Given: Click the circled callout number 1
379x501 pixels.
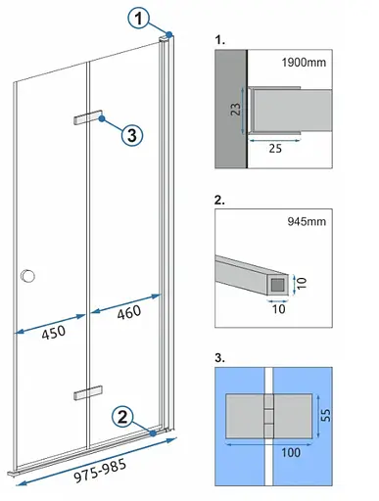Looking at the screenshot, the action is coord(139,18).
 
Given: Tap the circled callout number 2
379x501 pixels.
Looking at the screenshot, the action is coord(122,417).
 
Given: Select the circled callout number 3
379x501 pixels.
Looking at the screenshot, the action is coord(132,135).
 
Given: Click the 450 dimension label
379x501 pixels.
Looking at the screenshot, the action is coord(54,333).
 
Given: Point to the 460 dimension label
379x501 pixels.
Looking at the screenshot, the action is coord(129,312).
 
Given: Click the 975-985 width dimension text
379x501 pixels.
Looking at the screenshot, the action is coord(100,471).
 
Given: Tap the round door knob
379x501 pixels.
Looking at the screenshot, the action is coord(27,276).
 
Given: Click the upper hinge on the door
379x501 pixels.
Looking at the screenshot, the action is coord(88,117).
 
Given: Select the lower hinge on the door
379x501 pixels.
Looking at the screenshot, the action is coord(88,392).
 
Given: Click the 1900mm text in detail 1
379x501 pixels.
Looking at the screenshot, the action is coord(304,62).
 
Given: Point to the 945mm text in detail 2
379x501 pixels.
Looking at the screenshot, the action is coord(307,221).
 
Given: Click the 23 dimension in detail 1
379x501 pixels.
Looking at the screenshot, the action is coord(236,109).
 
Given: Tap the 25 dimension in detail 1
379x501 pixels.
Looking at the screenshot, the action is coord(275,149).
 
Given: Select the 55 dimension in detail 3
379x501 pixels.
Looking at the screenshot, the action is coord(326,415).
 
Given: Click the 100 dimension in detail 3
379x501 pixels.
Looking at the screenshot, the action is coord(291,452).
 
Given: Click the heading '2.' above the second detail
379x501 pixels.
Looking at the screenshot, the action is coord(219,200).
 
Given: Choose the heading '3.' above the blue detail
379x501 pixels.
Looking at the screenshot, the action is coord(219,357).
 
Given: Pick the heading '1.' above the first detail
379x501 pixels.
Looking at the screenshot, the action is coord(219,40).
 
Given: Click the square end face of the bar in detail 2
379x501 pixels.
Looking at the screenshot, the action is coord(278,285).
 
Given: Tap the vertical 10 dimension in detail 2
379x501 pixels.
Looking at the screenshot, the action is coord(302,283).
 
